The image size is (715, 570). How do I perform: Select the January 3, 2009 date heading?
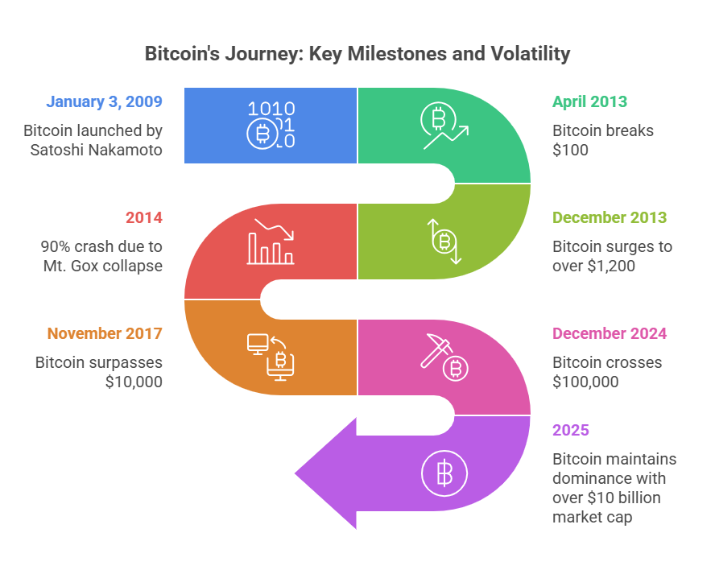point(105,102)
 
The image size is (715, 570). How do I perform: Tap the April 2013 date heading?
point(589,102)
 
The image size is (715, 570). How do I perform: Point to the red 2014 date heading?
point(143,218)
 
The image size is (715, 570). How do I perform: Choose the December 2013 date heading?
point(610,218)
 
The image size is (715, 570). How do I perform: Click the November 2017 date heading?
point(105,334)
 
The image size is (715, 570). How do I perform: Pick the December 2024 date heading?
point(610,334)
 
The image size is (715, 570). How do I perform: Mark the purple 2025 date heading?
point(571,431)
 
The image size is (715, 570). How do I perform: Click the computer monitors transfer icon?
point(271,357)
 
